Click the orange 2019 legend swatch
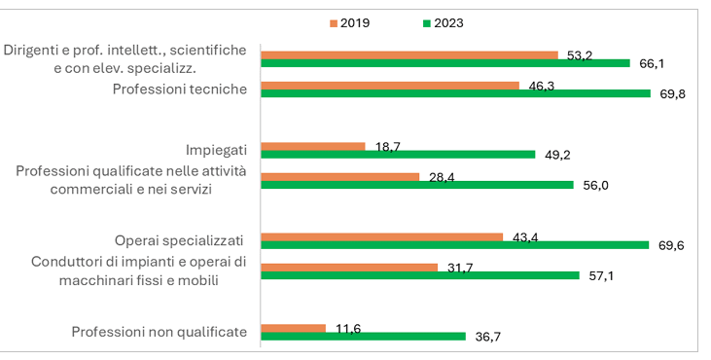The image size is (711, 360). (x=334, y=23)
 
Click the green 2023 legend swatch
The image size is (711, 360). (x=427, y=23)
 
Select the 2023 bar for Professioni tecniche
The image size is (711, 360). (x=456, y=93)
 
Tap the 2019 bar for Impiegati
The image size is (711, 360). (x=313, y=147)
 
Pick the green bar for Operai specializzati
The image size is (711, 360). (x=455, y=245)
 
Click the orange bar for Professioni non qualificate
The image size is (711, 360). (x=294, y=328)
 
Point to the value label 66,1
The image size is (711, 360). (x=652, y=64)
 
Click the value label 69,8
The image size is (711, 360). (x=672, y=94)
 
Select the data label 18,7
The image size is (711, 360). (x=388, y=147)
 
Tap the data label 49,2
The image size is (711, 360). (x=557, y=156)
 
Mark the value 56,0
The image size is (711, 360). (x=596, y=186)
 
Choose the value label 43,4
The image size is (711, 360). (x=525, y=237)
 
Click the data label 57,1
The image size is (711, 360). (x=601, y=276)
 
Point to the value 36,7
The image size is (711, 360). (x=488, y=337)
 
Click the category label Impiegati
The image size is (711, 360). (x=216, y=150)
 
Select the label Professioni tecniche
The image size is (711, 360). (x=180, y=89)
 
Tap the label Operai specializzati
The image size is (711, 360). (x=179, y=240)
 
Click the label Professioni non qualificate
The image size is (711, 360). (x=160, y=332)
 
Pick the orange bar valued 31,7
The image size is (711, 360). (x=349, y=268)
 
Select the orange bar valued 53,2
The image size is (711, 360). (x=409, y=55)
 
